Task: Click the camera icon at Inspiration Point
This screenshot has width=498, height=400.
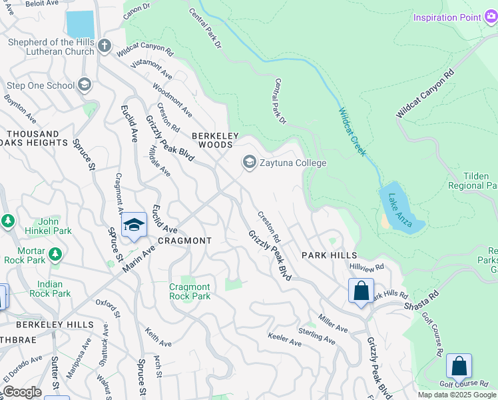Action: [x=491, y=17]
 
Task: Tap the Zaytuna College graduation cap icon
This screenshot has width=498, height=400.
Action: [x=250, y=162]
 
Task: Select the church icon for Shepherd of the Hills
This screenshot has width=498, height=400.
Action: [x=104, y=46]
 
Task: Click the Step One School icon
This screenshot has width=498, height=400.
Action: [x=85, y=85]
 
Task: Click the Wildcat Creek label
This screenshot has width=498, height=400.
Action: [x=352, y=132]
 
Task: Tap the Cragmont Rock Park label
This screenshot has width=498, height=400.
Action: [x=189, y=291]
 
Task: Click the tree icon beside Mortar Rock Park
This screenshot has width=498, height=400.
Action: [x=55, y=254]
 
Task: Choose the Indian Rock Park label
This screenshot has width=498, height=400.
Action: [x=50, y=289]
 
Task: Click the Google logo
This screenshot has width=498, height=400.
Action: [x=22, y=392]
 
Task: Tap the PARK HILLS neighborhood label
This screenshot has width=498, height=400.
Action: [x=329, y=255]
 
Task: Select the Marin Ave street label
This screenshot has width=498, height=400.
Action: [x=138, y=257]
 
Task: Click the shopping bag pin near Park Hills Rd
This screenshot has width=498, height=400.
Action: [x=361, y=291]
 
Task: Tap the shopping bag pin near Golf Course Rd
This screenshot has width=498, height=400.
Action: [x=459, y=366]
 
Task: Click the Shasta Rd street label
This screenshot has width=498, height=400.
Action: [x=421, y=300]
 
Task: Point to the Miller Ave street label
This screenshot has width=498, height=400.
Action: [x=333, y=324]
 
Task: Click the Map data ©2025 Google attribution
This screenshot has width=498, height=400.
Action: [x=457, y=395]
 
